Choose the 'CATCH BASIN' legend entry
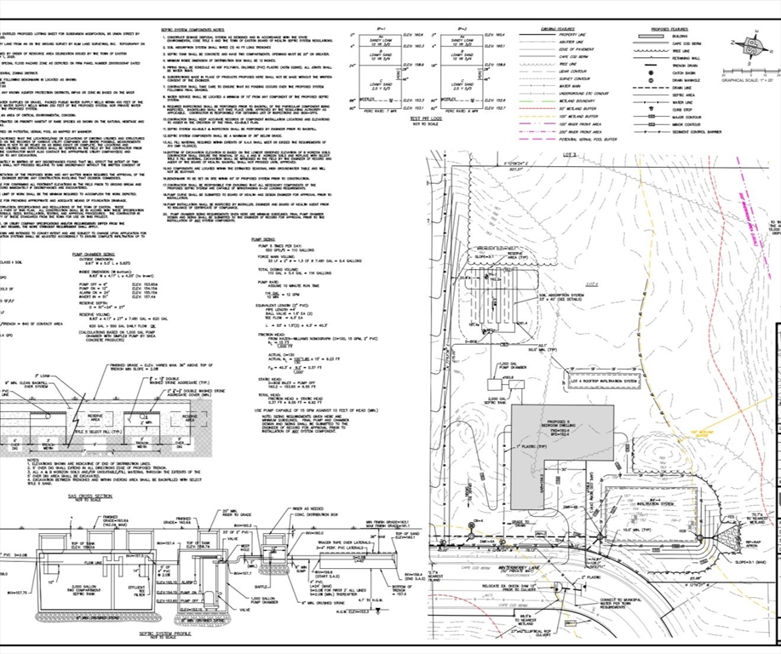693,72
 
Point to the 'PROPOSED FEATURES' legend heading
674,28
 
